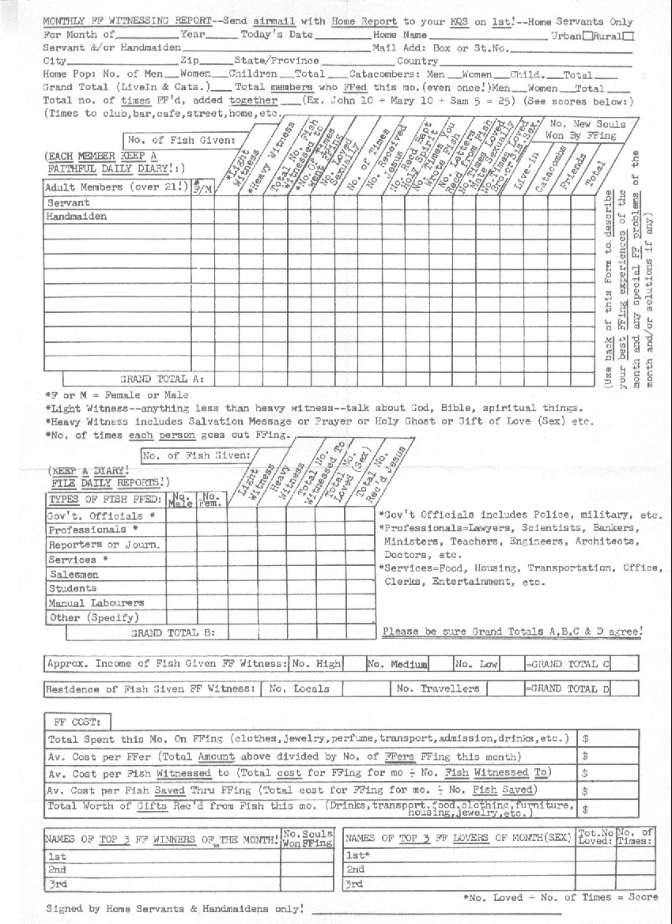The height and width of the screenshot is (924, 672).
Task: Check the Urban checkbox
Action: click(587, 36)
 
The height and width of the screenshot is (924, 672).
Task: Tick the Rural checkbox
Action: click(628, 36)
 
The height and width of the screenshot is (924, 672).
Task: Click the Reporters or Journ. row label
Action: click(104, 545)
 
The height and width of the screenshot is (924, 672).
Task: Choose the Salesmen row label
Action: click(74, 575)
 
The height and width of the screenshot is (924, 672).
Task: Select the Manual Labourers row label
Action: click(96, 603)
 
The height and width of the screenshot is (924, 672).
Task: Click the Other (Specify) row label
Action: click(93, 617)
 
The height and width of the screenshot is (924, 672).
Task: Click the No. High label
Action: click(316, 664)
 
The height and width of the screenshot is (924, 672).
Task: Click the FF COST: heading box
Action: click(78, 722)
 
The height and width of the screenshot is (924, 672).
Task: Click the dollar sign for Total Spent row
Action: click(586, 739)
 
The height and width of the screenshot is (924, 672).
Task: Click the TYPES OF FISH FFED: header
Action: click(105, 500)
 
